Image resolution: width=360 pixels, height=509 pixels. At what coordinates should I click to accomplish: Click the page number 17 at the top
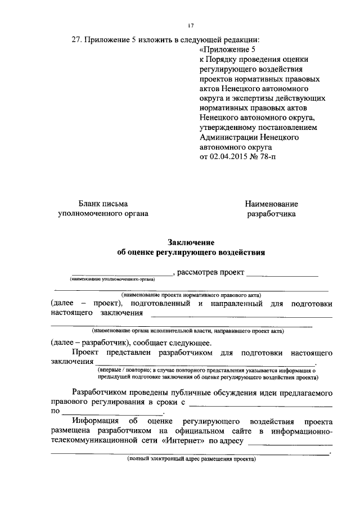[191, 25]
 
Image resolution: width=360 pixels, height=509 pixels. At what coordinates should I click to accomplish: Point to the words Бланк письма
[103, 204]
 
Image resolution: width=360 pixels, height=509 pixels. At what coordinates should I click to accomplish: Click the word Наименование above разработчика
[271, 204]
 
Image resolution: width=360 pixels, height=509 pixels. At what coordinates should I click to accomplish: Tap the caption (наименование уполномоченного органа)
[112, 279]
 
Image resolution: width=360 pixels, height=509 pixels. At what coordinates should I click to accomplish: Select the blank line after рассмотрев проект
[282, 275]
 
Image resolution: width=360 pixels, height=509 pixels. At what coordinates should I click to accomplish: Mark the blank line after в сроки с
[261, 405]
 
